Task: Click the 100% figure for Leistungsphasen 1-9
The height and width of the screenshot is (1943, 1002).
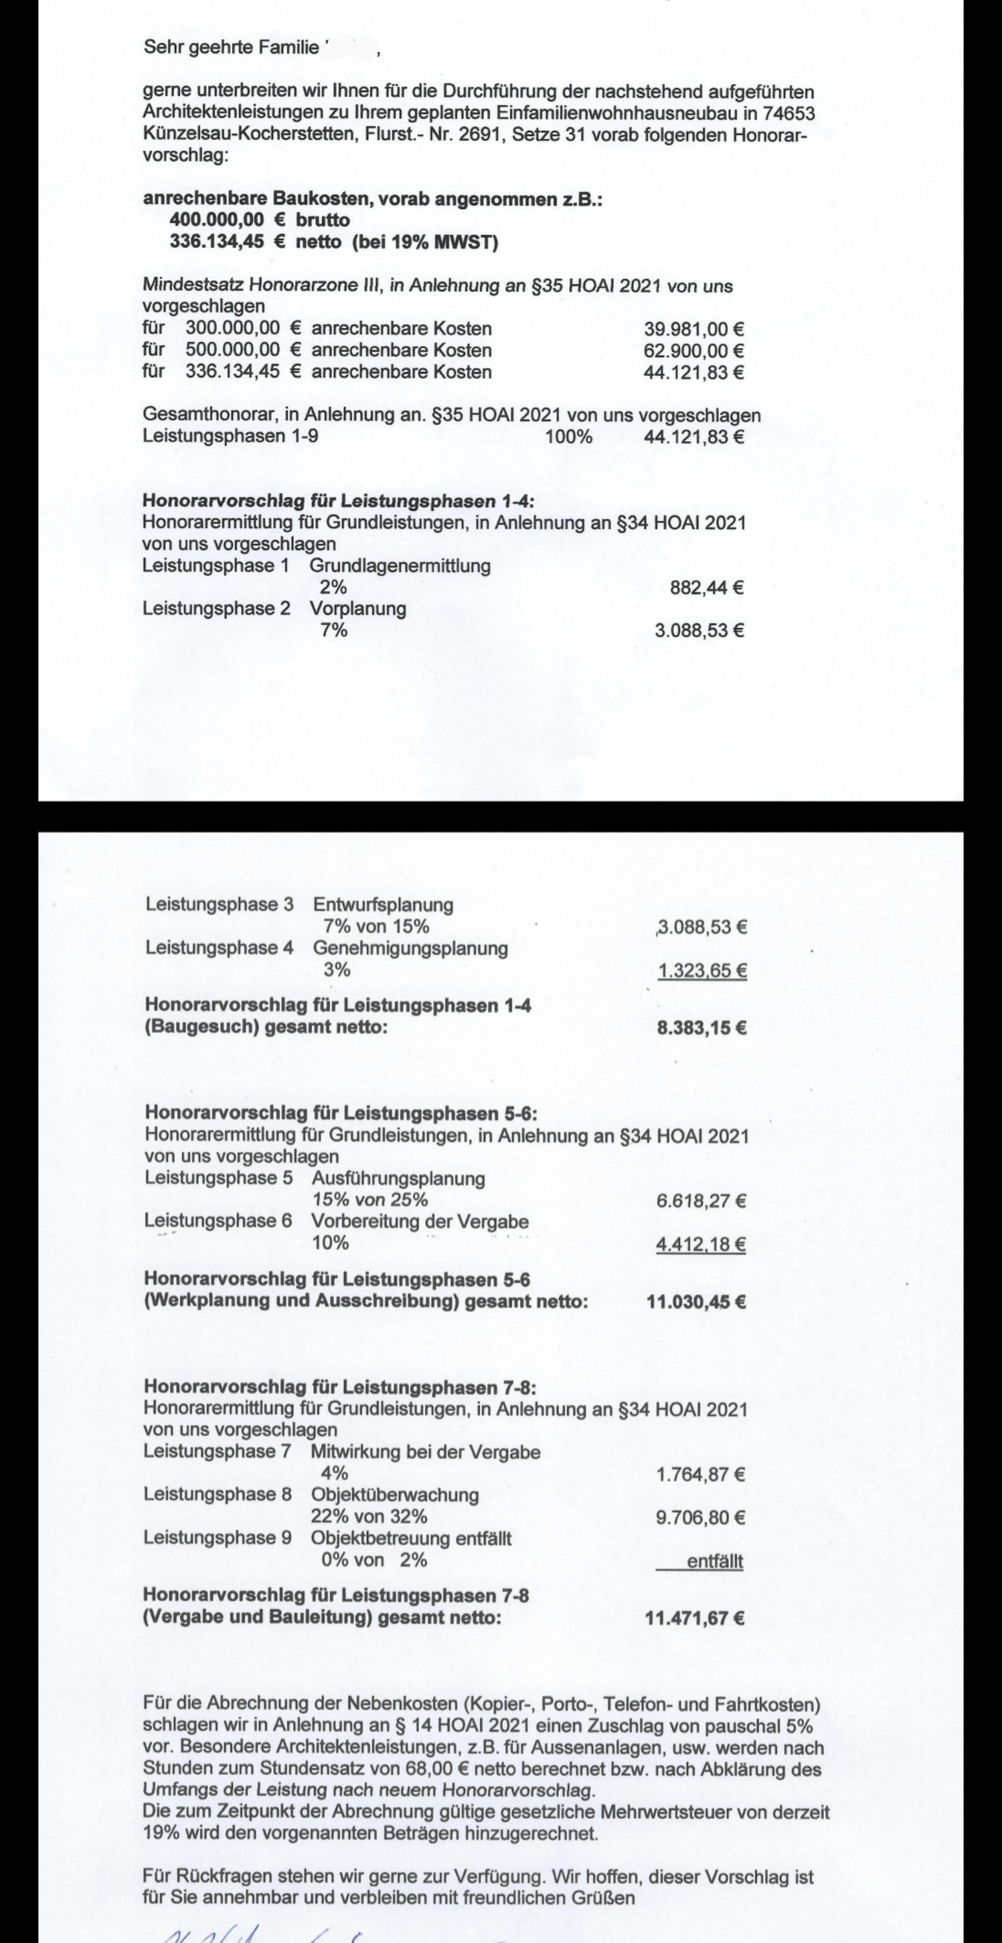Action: point(568,437)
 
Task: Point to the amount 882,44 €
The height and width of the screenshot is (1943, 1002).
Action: point(706,587)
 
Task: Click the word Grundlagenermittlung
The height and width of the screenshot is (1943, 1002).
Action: point(400,565)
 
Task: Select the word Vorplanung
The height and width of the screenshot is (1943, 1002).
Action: point(358,609)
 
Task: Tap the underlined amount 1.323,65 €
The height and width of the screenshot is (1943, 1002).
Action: point(702,971)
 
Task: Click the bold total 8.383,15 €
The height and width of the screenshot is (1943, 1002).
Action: point(702,1028)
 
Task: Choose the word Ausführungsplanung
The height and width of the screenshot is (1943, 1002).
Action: point(399,1178)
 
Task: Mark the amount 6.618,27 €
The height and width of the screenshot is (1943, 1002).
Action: point(701,1201)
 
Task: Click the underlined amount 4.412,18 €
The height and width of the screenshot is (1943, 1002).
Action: point(701,1244)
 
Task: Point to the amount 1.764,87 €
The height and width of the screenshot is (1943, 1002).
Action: point(700,1474)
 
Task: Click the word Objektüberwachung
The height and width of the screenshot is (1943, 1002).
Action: point(394,1495)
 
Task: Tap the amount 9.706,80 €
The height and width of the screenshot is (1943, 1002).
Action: point(700,1518)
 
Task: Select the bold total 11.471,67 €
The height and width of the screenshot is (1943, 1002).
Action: point(695,1618)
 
